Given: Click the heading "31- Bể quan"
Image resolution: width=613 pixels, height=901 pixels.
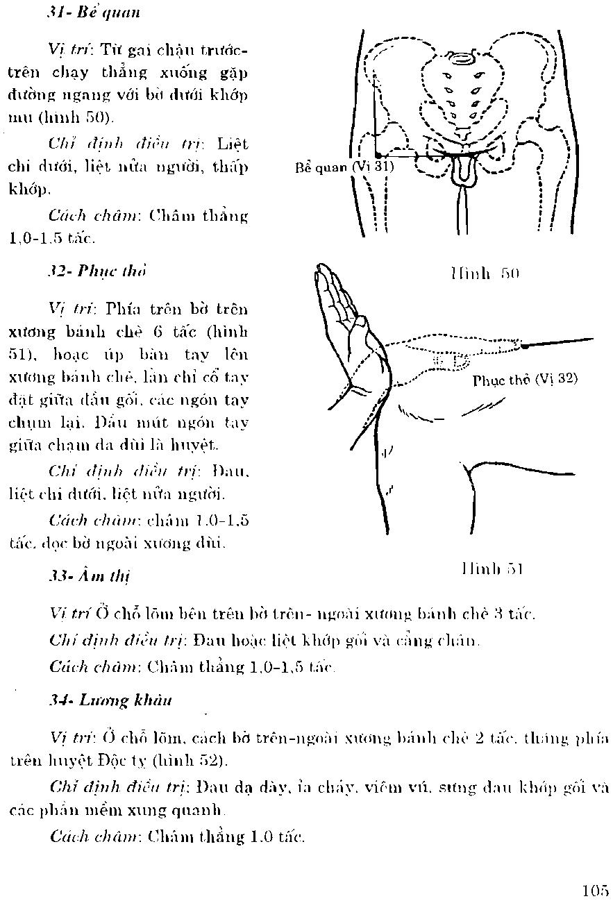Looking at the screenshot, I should (94, 12).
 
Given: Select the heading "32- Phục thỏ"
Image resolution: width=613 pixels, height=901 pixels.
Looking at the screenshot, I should (97, 270).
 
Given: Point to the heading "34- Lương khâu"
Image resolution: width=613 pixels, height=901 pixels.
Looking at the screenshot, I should (110, 700).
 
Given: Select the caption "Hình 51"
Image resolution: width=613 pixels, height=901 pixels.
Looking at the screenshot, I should (492, 569).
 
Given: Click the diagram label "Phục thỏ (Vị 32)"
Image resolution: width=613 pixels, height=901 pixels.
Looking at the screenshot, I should (525, 380).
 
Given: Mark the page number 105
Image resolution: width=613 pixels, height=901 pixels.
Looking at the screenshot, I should (595, 891).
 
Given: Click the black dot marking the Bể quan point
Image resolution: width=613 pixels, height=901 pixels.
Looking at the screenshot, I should (377, 154).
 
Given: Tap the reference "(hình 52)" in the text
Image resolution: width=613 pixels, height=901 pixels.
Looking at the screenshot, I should (199, 761).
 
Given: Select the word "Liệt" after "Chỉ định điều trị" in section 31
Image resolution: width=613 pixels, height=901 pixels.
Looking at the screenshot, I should (232, 145).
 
